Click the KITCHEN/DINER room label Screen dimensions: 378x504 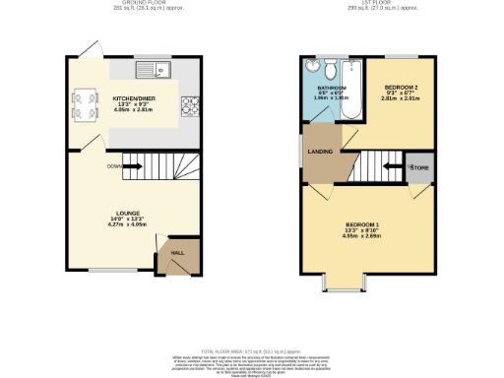tap(132, 99)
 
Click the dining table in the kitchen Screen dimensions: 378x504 tap(83, 103)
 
